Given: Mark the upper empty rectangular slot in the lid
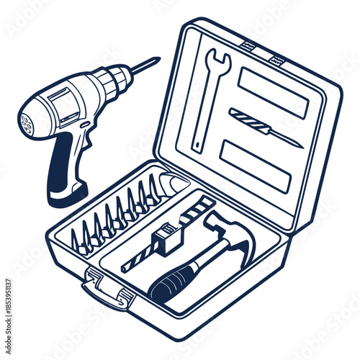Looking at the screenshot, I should click(272, 91).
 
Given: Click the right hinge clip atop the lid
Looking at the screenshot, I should click(276, 59).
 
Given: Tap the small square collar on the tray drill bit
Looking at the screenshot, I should click(163, 238).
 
